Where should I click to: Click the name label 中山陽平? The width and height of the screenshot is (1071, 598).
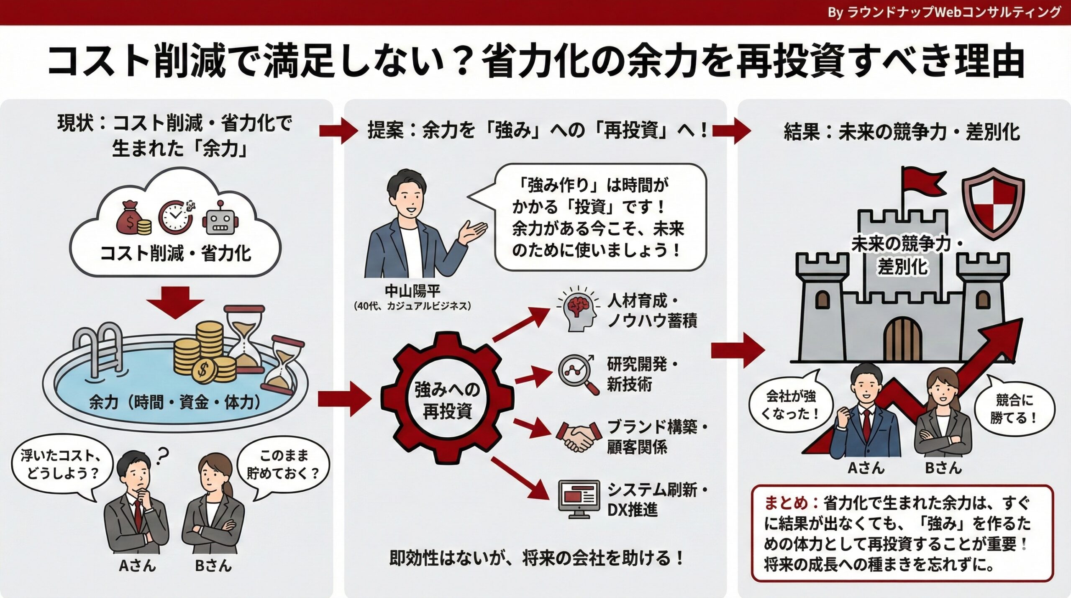pyautogui.click(x=412, y=291)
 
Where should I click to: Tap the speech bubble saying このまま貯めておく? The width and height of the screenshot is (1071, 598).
pyautogui.click(x=283, y=465)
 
